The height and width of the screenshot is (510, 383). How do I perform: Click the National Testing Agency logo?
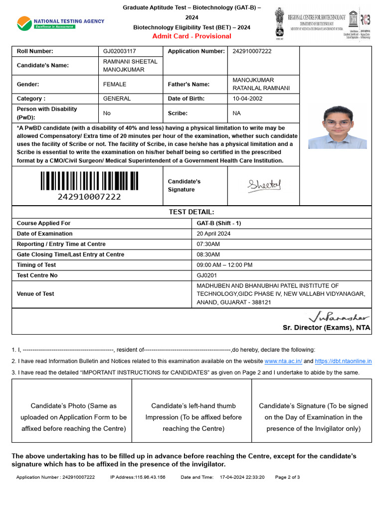[60, 22]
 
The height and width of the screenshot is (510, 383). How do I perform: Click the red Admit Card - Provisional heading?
[191, 36]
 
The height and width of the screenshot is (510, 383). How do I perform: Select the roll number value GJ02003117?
[119, 51]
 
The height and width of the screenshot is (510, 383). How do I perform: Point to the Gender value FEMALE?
[115, 84]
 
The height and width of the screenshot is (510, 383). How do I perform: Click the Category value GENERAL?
[117, 99]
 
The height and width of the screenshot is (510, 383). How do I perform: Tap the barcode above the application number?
[89, 181]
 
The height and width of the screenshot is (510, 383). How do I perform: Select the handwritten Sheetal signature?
[264, 185]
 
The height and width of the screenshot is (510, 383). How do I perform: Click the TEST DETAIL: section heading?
[191, 212]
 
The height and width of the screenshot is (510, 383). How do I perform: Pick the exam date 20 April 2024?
[213, 234]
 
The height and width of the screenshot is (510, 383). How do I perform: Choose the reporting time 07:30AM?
[208, 244]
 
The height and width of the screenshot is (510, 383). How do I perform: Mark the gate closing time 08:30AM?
[208, 255]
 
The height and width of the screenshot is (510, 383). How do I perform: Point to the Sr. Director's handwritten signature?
[339, 316]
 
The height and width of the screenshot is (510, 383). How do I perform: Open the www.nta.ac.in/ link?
[283, 361]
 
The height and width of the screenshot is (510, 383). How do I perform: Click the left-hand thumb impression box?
[191, 417]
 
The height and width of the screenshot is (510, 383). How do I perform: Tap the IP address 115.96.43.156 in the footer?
[138, 477]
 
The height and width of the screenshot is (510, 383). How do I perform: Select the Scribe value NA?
[236, 113]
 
